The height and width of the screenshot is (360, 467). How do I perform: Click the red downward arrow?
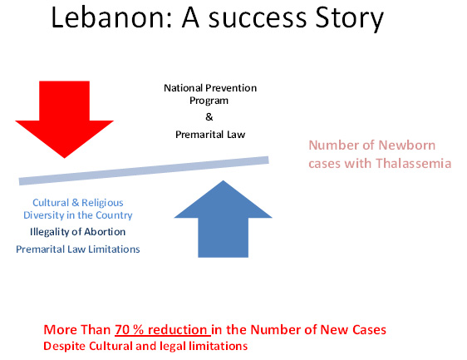pyautogui.click(x=64, y=119)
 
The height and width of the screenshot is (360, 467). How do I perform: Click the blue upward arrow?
pyautogui.click(x=223, y=219)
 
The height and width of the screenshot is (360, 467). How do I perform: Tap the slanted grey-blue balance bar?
pyautogui.click(x=144, y=170)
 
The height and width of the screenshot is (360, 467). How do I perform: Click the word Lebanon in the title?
pyautogui.click(x=108, y=18)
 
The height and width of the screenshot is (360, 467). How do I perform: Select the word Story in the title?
pyautogui.click(x=349, y=18)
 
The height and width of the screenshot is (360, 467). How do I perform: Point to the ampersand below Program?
pyautogui.click(x=209, y=117)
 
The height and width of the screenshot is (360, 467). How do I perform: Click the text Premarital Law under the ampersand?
pyautogui.click(x=210, y=135)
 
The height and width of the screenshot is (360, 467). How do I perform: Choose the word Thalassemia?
pyautogui.click(x=413, y=163)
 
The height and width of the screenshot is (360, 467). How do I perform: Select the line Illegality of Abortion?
pyautogui.click(x=78, y=232)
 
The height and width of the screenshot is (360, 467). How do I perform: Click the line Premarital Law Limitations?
pyautogui.click(x=78, y=249)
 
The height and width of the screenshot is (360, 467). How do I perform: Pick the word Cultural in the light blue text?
pyautogui.click(x=51, y=203)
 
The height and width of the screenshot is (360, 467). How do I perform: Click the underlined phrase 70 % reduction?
pyautogui.click(x=163, y=330)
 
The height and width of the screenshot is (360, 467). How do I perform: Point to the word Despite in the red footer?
pyautogui.click(x=65, y=347)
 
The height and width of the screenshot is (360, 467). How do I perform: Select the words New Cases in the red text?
pyautogui.click(x=353, y=329)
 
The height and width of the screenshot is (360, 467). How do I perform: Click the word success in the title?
pyautogui.click(x=258, y=18)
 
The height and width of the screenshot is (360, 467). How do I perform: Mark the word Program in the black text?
pyautogui.click(x=209, y=101)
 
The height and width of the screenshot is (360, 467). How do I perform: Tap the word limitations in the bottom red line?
pyautogui.click(x=219, y=346)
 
